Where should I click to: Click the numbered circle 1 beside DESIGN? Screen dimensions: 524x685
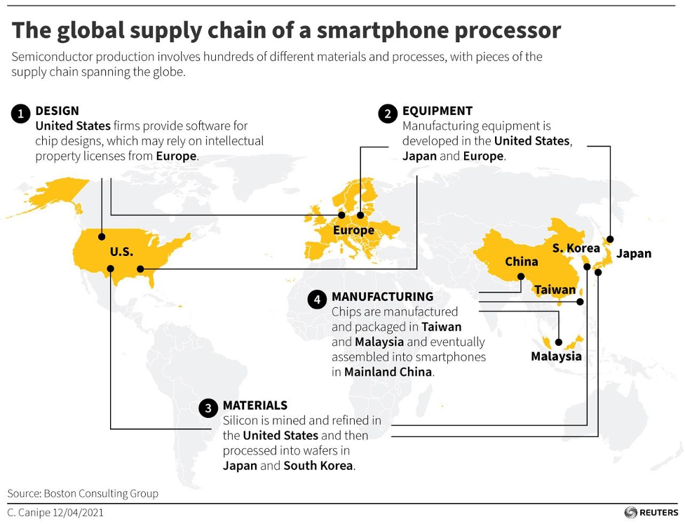(x=21, y=114)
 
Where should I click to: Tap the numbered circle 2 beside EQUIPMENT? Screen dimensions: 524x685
(x=388, y=114)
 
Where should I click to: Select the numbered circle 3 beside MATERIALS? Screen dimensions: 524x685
(x=208, y=408)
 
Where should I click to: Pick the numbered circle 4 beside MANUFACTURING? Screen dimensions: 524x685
(x=318, y=300)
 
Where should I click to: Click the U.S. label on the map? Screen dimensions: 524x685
(x=121, y=251)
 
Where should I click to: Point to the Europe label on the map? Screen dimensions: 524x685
(x=353, y=230)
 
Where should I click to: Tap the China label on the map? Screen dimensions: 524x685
(x=522, y=262)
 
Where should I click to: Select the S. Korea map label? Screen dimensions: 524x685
(x=576, y=248)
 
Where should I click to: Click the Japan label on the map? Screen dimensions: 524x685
(x=634, y=253)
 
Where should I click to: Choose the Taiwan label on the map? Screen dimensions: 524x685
(x=555, y=290)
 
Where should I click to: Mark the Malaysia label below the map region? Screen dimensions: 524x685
(x=556, y=356)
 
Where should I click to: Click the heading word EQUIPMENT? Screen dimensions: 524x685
(x=438, y=111)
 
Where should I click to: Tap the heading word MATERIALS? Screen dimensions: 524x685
(x=255, y=405)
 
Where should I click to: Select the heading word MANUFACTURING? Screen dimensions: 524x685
(x=382, y=297)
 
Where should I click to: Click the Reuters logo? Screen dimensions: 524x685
(x=651, y=513)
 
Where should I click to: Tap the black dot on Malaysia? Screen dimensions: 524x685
(x=559, y=343)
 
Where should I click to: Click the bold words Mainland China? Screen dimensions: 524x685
(x=388, y=372)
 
